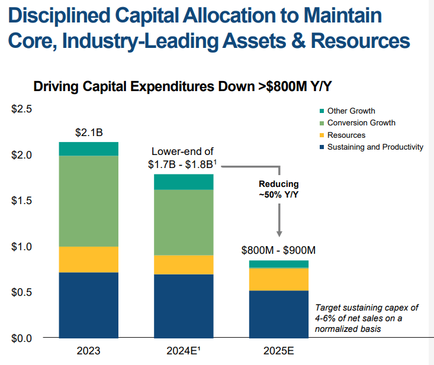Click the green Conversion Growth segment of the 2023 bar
(x=89, y=201)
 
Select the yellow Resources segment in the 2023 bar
(x=89, y=259)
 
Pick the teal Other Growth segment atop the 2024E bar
(x=184, y=182)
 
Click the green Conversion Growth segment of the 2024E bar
(x=184, y=222)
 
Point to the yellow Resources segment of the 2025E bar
(x=278, y=279)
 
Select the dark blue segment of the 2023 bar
(x=89, y=305)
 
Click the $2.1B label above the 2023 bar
(x=89, y=132)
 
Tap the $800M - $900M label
(x=278, y=250)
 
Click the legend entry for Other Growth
(x=351, y=111)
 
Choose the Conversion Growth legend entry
(x=361, y=122)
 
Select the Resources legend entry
(x=346, y=135)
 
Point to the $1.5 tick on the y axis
(x=22, y=201)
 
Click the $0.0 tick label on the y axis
(x=22, y=338)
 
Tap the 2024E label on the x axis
(x=184, y=351)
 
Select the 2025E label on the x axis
(x=278, y=351)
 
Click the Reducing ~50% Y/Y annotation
(x=279, y=189)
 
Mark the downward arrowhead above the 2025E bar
(x=279, y=235)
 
